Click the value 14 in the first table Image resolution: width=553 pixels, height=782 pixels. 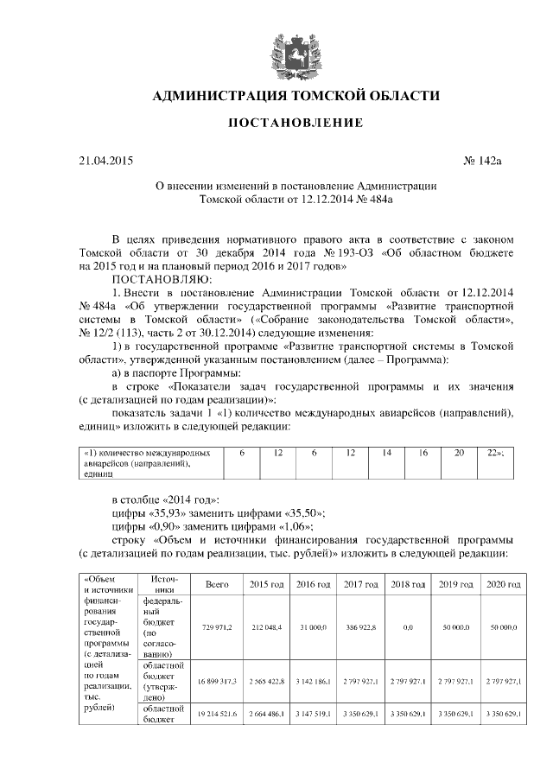[x=387, y=453]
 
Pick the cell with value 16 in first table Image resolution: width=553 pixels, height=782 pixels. [x=423, y=453]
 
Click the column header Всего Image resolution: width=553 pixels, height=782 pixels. [x=217, y=585]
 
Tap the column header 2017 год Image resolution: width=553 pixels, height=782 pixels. [x=359, y=585]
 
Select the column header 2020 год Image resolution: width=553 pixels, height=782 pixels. [x=503, y=585]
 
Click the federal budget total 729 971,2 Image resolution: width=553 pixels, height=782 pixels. [x=217, y=627]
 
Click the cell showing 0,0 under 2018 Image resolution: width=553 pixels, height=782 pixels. [x=408, y=627]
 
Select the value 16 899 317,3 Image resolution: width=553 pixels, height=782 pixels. [x=217, y=682]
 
